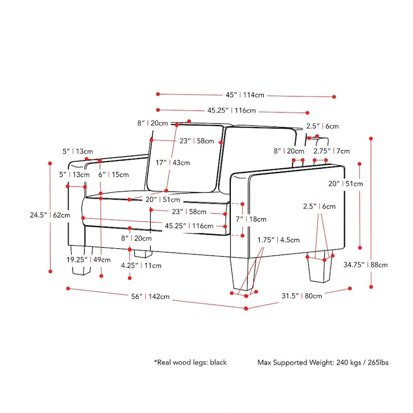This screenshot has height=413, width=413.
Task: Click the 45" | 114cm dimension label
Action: (x=245, y=95)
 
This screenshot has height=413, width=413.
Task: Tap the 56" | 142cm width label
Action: (x=151, y=296)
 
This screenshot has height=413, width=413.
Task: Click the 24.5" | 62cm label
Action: (x=50, y=215)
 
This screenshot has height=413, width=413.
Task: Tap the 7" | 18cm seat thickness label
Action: (x=251, y=219)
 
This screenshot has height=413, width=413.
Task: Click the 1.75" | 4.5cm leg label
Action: (x=279, y=240)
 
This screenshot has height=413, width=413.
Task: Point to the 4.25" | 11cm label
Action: (x=141, y=265)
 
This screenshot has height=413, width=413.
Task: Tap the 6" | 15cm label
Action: (x=114, y=174)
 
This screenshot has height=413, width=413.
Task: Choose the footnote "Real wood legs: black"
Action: (x=190, y=362)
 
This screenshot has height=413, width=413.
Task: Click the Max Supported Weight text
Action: (x=323, y=362)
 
